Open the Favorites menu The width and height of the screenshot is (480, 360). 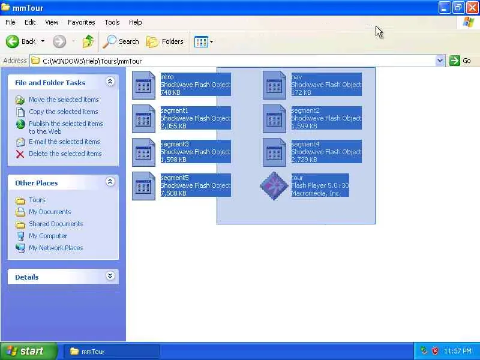(81, 22)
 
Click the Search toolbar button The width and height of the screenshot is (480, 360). (121, 41)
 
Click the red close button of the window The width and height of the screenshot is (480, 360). (472, 7)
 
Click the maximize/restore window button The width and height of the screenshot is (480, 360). (458, 7)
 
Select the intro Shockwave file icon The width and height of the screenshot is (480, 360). (143, 85)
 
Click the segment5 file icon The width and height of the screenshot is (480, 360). (143, 185)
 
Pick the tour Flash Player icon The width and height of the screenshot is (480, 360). (274, 185)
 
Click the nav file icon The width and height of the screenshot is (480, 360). (274, 85)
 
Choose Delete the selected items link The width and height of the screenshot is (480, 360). (65, 154)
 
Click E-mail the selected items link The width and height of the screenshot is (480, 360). (64, 142)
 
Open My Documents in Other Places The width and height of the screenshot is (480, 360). (50, 212)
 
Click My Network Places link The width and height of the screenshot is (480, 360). (56, 248)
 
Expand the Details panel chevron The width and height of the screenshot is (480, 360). (110, 276)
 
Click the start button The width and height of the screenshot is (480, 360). (29, 351)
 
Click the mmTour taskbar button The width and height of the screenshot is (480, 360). (111, 351)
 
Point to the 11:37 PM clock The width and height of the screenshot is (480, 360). (458, 351)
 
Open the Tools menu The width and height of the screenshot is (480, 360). (112, 22)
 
